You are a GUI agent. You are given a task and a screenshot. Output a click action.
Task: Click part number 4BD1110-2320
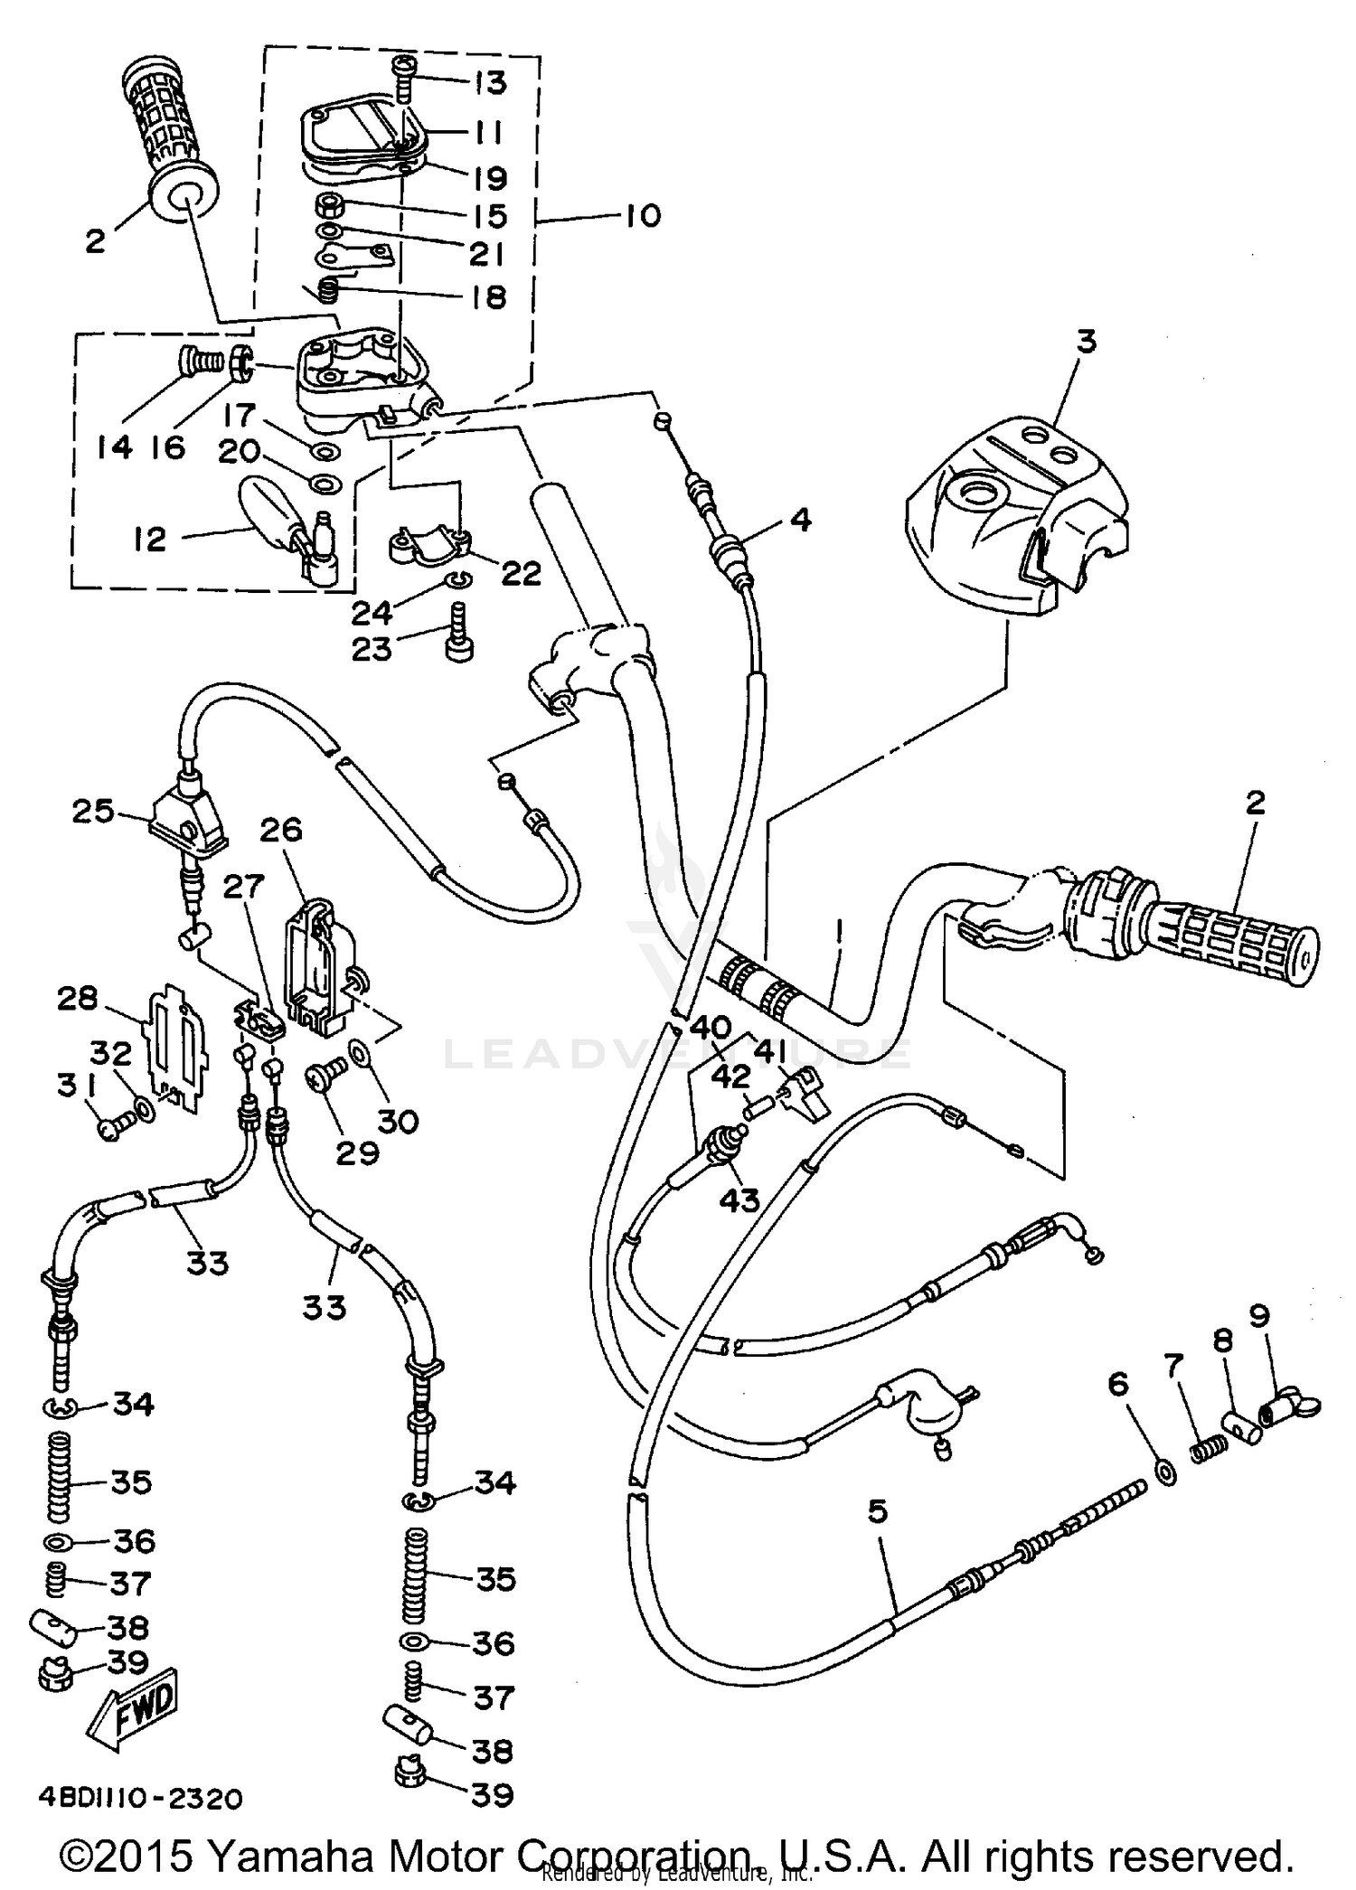[x=140, y=1799]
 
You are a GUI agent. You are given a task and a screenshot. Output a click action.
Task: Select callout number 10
[x=641, y=216]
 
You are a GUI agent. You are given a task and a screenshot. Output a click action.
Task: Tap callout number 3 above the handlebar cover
[x=1086, y=343]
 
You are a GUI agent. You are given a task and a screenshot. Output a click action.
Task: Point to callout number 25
[x=94, y=811]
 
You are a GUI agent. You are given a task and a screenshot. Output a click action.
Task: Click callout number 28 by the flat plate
[x=77, y=999]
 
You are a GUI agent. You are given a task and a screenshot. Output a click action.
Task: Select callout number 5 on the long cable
[x=877, y=1511]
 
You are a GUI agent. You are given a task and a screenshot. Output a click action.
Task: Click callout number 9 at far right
[x=1285, y=1319]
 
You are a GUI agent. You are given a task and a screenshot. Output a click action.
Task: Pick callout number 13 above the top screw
[x=488, y=83]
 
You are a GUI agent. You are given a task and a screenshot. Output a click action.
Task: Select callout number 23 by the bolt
[x=372, y=649]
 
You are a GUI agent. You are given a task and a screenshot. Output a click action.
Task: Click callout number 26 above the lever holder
[x=281, y=830]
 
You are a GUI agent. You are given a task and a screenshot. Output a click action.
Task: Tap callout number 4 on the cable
[x=799, y=521]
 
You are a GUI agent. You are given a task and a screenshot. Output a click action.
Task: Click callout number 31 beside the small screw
[x=68, y=1085]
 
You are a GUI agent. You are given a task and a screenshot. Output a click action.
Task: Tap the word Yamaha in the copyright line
[x=288, y=1857]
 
